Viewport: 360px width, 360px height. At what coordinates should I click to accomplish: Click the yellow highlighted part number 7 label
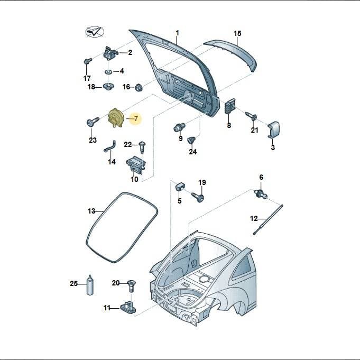[x=136, y=119]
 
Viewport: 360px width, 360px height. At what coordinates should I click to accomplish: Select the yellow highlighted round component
[x=116, y=118]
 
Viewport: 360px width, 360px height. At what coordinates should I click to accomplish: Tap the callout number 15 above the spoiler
[x=237, y=33]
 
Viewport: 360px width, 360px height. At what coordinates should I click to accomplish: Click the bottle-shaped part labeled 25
[x=90, y=284]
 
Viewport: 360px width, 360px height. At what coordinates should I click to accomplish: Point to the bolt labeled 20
[x=132, y=285]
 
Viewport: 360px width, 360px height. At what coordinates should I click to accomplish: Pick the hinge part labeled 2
[x=110, y=52]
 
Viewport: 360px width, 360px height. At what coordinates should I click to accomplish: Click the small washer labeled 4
[x=108, y=72]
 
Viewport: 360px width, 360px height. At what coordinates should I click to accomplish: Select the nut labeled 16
[x=139, y=87]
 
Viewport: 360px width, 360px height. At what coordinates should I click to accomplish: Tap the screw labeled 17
[x=87, y=61]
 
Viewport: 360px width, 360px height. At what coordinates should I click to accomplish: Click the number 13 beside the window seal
[x=91, y=211]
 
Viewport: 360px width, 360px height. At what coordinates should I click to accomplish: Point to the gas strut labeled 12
[x=268, y=219]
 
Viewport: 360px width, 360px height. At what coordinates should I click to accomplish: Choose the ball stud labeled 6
[x=261, y=193]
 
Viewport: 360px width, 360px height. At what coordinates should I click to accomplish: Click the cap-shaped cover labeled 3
[x=273, y=130]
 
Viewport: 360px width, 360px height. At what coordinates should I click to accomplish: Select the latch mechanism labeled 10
[x=136, y=164]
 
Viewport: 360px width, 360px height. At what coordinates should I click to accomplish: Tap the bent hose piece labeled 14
[x=110, y=147]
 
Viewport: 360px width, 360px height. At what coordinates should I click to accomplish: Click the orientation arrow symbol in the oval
[x=95, y=32]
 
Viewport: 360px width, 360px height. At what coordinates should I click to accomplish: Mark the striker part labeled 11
[x=128, y=307]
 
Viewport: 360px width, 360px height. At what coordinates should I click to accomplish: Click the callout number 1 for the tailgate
[x=177, y=33]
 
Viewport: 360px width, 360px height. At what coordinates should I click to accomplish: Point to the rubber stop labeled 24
[x=191, y=140]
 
